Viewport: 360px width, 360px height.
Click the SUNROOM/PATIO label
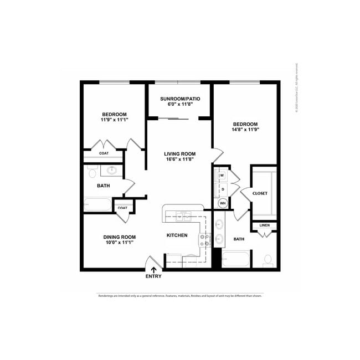click(180, 99)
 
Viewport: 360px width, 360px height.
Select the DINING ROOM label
click(119, 237)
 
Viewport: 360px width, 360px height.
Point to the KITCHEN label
click(177, 235)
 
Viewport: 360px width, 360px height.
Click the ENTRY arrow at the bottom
click(153, 270)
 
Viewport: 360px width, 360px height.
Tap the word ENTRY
click(153, 276)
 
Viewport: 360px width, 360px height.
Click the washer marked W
click(222, 176)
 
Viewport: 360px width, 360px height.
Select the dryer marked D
click(222, 189)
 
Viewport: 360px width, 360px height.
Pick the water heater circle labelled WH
click(223, 203)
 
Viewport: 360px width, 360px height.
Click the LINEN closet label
click(264, 225)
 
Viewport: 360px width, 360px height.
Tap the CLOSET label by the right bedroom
click(260, 193)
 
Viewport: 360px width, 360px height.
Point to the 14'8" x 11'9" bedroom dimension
click(245, 130)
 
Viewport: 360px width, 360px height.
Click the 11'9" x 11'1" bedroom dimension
click(114, 120)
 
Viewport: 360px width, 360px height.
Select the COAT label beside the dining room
click(122, 208)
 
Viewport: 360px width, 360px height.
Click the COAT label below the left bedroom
click(104, 153)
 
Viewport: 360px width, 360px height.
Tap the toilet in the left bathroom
click(92, 173)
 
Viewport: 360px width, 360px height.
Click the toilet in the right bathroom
click(268, 259)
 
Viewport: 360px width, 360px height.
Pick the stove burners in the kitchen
click(205, 240)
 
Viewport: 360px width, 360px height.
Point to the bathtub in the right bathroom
click(235, 259)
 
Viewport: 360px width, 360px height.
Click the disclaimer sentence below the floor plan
click(180, 296)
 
